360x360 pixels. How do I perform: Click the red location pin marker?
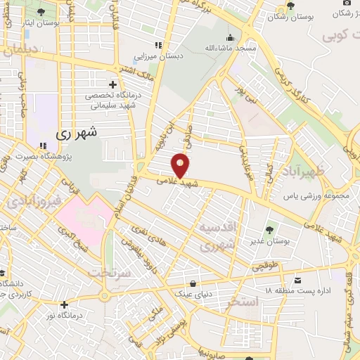pos(181,165)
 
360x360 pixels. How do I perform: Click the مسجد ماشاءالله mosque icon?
pos(229,38)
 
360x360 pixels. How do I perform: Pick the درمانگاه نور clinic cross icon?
pos(64,305)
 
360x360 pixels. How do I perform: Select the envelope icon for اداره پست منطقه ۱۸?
pos(298,279)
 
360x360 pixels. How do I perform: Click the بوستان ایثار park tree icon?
pos(40,13)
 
